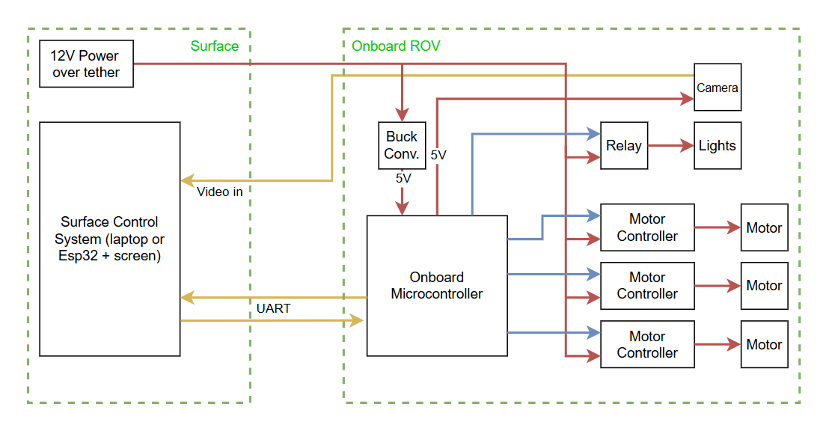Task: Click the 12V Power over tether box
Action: [86, 64]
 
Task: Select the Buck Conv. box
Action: [402, 146]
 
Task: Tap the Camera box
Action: [718, 88]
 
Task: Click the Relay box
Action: [624, 146]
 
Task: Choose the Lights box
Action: [718, 146]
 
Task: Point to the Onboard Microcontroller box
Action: [437, 286]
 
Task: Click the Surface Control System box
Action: [109, 239]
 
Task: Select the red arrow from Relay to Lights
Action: [670, 146]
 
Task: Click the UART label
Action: [273, 308]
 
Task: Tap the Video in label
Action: [219, 192]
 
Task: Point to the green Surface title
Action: [215, 46]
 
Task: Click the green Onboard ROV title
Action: [396, 46]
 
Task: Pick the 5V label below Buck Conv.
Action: [403, 179]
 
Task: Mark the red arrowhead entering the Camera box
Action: [687, 98]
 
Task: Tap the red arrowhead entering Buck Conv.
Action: [403, 115]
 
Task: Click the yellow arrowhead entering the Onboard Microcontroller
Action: [357, 321]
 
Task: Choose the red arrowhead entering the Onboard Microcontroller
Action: [403, 209]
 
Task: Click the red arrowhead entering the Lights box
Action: [687, 146]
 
